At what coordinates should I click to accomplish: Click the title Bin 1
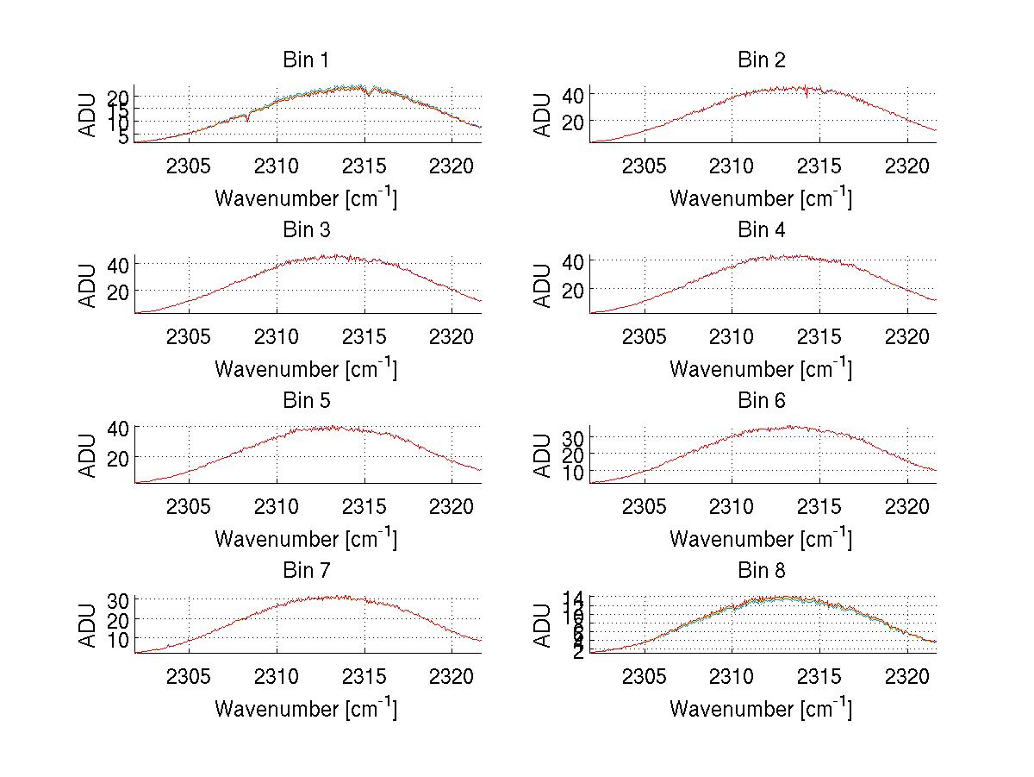coord(306,60)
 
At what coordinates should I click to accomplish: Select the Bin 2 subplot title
coord(761,60)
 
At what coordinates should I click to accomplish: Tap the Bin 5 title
coord(306,401)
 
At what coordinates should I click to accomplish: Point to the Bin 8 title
coord(761,571)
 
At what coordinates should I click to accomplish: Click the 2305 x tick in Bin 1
coord(189,165)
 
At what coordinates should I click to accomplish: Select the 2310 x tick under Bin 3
coord(277,335)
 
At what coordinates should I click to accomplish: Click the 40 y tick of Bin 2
coord(574,93)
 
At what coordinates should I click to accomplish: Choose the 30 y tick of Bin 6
coord(574,438)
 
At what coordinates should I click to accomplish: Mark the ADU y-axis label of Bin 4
coord(542,285)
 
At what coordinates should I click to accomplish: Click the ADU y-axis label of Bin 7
coord(87,626)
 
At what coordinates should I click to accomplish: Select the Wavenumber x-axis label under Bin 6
coord(761,539)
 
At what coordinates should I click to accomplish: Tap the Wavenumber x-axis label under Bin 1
coord(306,198)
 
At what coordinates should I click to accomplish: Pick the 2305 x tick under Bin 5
coord(189,505)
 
